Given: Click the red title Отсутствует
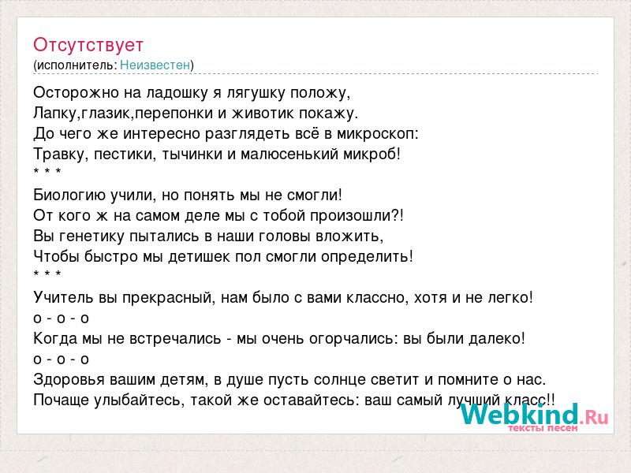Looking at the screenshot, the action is (88, 45).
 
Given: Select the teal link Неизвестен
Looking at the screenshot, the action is (155, 65).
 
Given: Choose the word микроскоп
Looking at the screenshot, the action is (377, 134).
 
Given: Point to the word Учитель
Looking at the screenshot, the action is (64, 298).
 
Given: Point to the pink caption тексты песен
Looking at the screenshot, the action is (543, 428).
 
